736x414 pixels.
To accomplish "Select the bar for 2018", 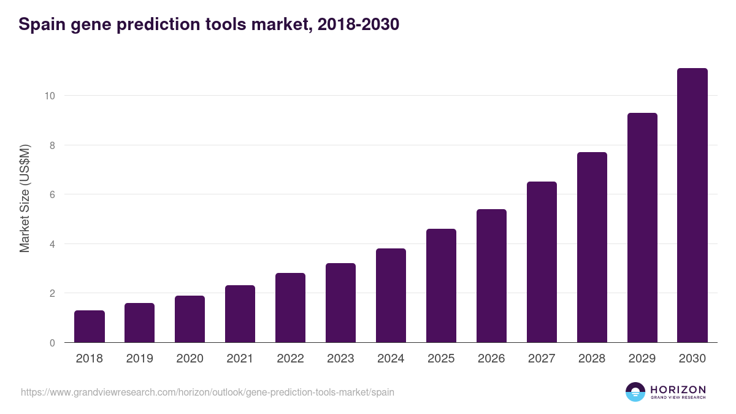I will click(x=90, y=326).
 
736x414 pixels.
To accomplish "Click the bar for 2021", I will click(x=240, y=313).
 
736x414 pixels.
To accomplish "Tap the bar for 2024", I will click(x=391, y=295).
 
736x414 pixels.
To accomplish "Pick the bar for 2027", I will click(x=542, y=262).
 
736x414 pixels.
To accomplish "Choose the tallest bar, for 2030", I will click(x=692, y=205).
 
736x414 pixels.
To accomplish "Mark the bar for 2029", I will click(x=642, y=228).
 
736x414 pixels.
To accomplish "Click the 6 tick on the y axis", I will click(x=52, y=194).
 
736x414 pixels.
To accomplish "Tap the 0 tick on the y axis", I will click(x=52, y=343).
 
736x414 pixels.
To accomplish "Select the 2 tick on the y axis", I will click(x=52, y=293).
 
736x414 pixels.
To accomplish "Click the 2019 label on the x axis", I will click(x=139, y=359).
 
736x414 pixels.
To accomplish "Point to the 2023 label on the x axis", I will click(x=340, y=359).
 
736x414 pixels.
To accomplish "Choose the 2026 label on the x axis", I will click(x=491, y=359).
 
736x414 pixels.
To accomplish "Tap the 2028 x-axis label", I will click(x=592, y=359).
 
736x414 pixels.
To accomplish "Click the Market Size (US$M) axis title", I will click(x=25, y=199).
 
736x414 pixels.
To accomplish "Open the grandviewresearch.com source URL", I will click(x=207, y=392).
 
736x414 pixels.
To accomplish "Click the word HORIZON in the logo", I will click(x=678, y=389).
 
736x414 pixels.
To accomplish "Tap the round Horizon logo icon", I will click(x=635, y=392).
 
